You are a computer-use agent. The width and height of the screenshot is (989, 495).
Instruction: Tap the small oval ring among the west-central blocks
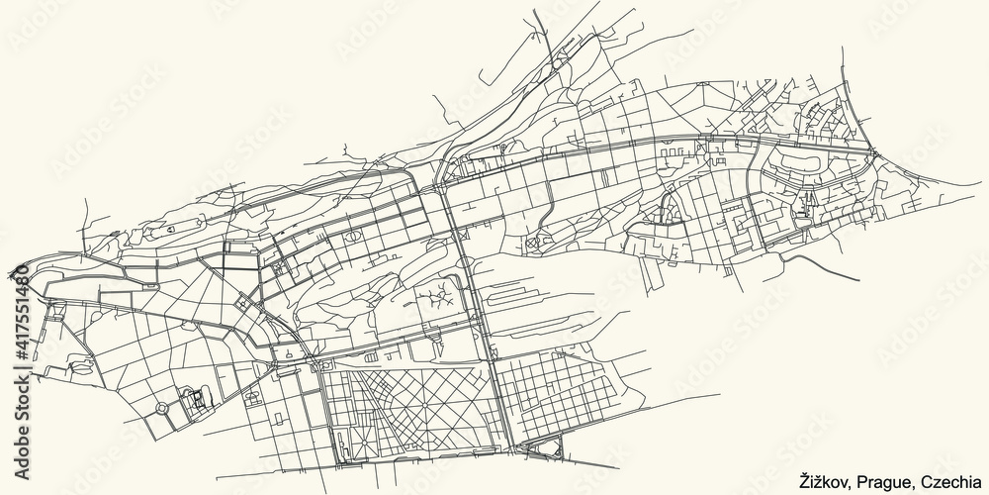pos(351,239)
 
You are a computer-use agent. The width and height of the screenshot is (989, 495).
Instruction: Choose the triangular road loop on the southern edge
pos(543,450)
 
